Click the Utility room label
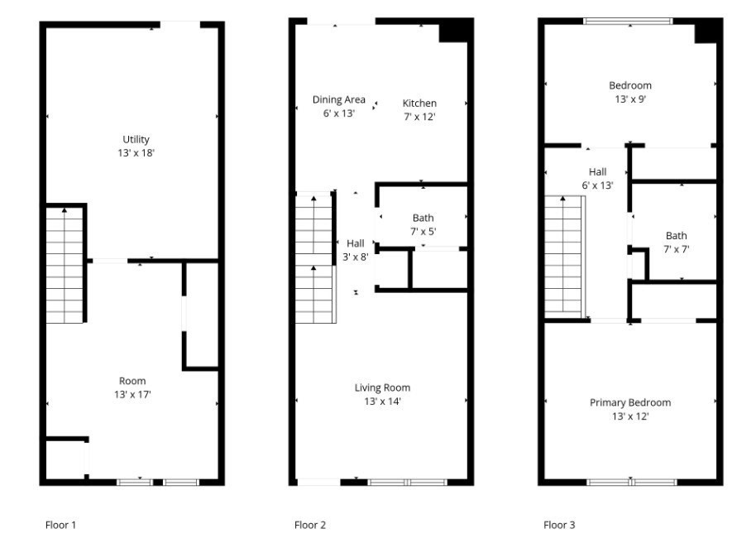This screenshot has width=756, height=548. [x=135, y=139]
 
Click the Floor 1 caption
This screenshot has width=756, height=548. [x=60, y=525]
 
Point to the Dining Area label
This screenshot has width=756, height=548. [x=338, y=99]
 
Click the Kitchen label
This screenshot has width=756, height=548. [x=419, y=103]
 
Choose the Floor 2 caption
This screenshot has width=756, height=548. [x=310, y=525]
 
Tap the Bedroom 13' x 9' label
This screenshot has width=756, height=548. [x=630, y=92]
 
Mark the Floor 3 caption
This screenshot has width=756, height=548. [x=559, y=525]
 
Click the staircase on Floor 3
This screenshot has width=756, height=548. [x=564, y=257]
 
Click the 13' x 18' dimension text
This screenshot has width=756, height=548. [x=135, y=153]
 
